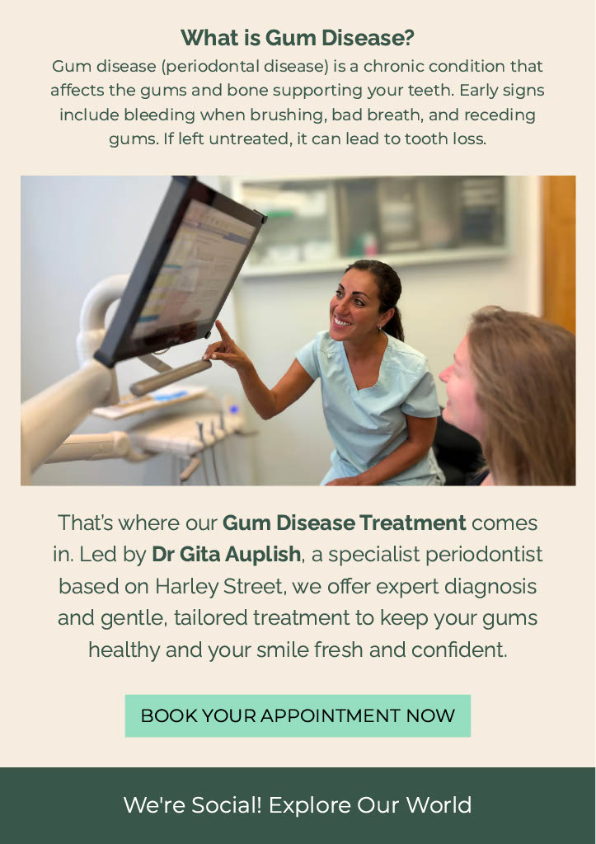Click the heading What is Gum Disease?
298,38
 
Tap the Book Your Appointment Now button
298,715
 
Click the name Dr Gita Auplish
226,554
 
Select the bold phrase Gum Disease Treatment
344,523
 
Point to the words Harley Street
218,586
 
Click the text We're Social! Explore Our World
298,805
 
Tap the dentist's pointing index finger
223,330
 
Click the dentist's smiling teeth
341,322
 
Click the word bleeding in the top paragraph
159,115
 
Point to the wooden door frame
559,253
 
